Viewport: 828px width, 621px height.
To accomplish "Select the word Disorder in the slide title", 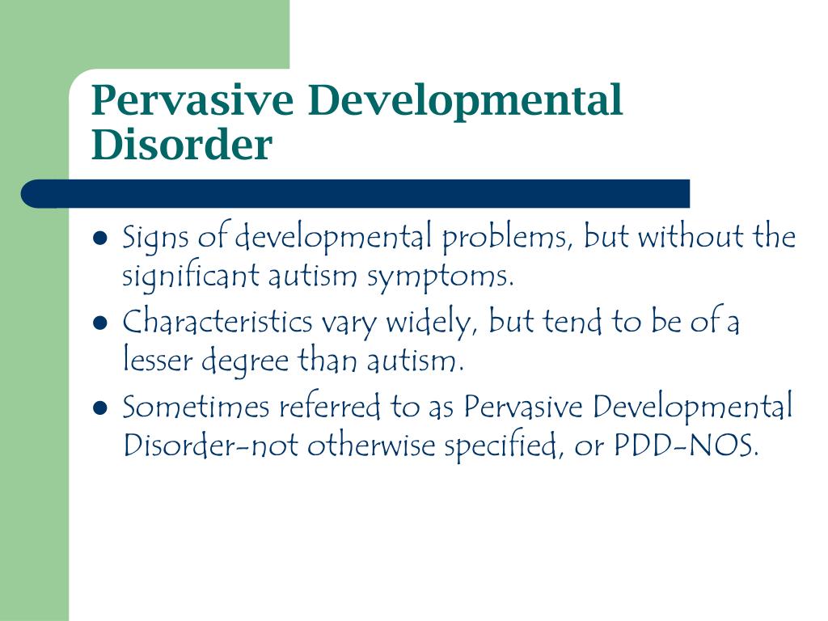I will click(182, 146).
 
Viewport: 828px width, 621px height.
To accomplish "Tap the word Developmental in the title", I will click(466, 101).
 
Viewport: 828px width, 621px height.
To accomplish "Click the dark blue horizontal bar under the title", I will click(356, 193).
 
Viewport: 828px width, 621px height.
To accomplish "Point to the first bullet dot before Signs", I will click(101, 239).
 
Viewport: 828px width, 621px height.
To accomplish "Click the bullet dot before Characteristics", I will click(101, 323).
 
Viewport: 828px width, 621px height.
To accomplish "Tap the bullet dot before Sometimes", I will click(101, 408).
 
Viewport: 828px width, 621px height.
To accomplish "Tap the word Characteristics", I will click(218, 323).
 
